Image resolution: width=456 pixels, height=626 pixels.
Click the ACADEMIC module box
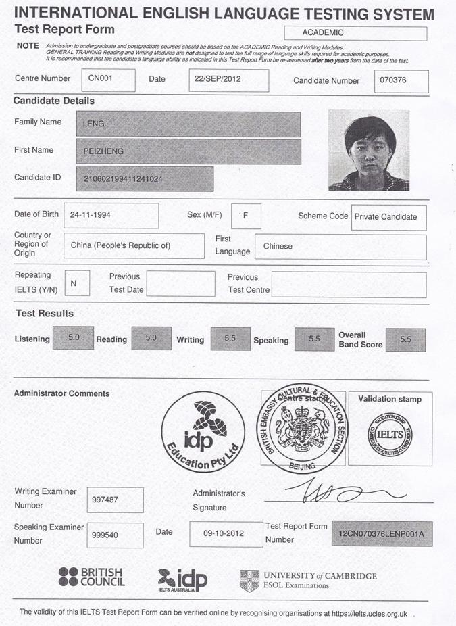click(x=355, y=33)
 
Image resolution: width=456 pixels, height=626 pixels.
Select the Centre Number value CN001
click(x=108, y=79)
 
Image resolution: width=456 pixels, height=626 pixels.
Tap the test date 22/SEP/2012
click(x=228, y=80)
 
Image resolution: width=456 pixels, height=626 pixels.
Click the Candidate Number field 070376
click(x=401, y=81)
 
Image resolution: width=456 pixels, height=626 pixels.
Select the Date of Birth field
click(x=111, y=215)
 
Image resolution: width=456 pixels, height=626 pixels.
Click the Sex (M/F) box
click(x=246, y=216)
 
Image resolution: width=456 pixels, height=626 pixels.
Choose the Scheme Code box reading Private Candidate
click(x=389, y=217)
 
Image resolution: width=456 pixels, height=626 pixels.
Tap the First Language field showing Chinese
click(x=340, y=246)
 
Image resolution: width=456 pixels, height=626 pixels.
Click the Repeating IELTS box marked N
click(x=76, y=283)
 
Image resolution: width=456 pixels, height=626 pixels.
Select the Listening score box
click(x=73, y=337)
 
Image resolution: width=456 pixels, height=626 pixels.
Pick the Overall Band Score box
click(x=405, y=339)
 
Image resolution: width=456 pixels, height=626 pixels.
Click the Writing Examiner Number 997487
click(x=116, y=500)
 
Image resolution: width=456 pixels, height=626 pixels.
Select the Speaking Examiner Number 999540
click(x=116, y=535)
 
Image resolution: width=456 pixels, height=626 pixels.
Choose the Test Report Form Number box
click(x=382, y=533)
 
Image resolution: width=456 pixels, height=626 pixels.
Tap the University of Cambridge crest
click(x=249, y=580)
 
